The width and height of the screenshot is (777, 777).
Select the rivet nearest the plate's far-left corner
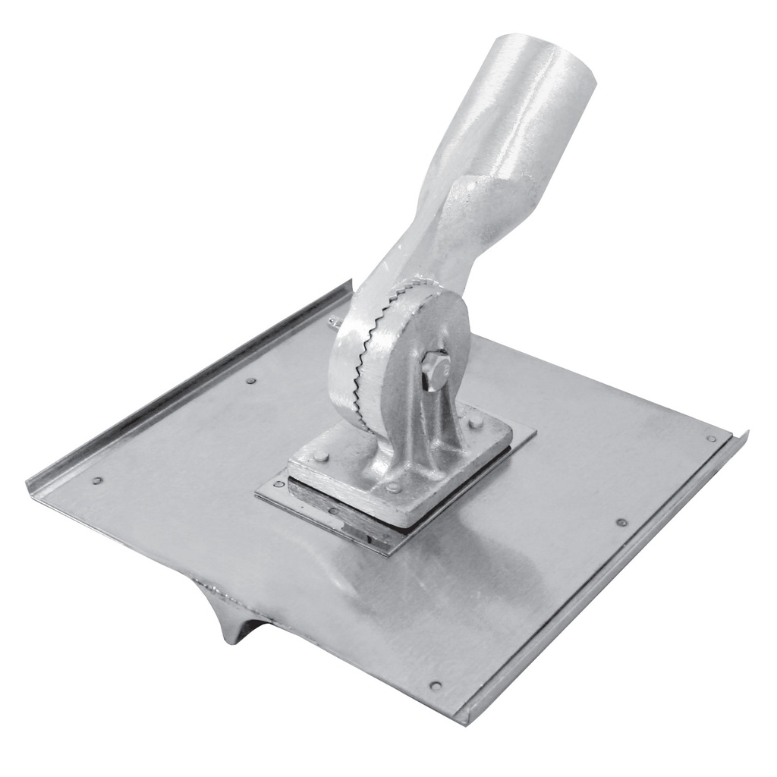(96, 480)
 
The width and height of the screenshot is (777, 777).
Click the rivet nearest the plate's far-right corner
(711, 438)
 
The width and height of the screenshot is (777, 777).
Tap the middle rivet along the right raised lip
(621, 522)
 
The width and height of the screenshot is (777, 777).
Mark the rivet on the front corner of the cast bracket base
(393, 487)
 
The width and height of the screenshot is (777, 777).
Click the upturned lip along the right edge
(607, 577)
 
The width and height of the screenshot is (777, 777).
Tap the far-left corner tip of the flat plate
(29, 486)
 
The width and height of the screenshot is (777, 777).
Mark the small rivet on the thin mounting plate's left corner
(278, 484)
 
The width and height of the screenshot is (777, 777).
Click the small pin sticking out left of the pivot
(333, 322)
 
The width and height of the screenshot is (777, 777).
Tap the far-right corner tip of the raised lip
(746, 434)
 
